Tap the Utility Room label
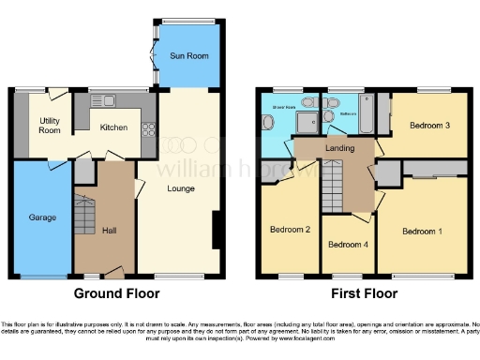point(50,126)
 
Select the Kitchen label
point(113,127)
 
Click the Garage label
point(41,217)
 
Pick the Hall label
point(109,231)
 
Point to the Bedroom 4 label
point(346,246)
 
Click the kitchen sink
point(101,101)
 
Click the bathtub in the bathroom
point(367,117)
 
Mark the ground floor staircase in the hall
point(85,217)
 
